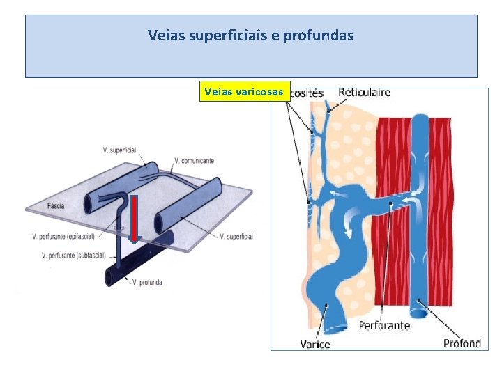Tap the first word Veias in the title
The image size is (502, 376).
[x=167, y=35]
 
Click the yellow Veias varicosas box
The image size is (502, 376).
[x=243, y=91]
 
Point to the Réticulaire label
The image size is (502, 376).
[x=364, y=92]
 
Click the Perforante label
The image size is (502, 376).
[x=384, y=325]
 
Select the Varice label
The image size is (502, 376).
[x=315, y=343]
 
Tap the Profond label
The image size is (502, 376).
[x=462, y=343]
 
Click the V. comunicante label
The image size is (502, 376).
[x=195, y=160]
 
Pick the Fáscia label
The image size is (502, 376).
[x=57, y=206]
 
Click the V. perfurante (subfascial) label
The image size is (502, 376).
[x=74, y=256]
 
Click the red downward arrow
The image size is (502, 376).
[x=134, y=221]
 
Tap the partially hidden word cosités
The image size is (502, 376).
[x=306, y=93]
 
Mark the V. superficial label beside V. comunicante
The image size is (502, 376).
[x=119, y=150]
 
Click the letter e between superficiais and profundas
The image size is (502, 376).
[x=275, y=35]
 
